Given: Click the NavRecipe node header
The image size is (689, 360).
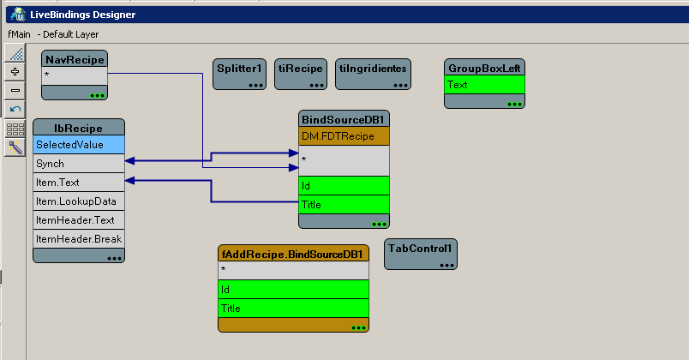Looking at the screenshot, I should point(75,59).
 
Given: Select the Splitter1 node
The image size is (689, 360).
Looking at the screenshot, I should point(241,68).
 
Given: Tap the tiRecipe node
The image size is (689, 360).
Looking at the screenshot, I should point(301,68).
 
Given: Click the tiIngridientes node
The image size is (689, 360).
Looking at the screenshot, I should point(374,68).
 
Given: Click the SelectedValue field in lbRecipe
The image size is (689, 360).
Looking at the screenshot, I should point(79,145).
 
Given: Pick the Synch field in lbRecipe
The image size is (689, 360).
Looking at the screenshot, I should point(79,163).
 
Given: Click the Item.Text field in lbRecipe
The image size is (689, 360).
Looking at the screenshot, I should point(79,182).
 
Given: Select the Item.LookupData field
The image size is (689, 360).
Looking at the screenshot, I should point(79,201).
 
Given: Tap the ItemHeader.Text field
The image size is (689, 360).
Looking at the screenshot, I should point(79,219).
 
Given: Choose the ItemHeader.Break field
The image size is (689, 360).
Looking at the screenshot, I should point(79,238).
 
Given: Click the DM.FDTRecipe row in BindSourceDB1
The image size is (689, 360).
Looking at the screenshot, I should point(344,136).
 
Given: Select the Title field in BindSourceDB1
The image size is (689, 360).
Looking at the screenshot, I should point(344,204).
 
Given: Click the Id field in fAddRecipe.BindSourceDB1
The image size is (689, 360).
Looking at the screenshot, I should point(294,289).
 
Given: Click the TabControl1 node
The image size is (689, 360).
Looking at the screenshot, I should point(420,248).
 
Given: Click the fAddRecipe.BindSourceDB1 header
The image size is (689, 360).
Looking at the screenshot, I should point(294,254).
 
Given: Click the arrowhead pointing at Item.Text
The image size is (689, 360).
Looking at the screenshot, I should point(131,181).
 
